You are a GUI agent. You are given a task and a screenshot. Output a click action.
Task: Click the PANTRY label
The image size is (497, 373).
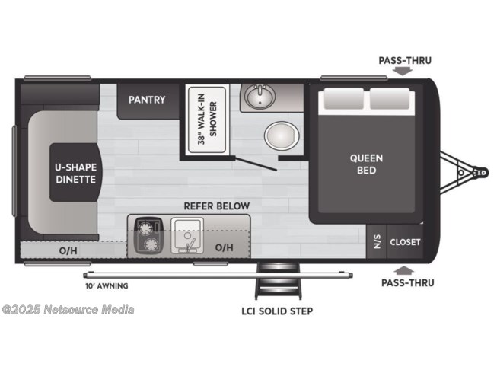pyautogui.click(x=147, y=100)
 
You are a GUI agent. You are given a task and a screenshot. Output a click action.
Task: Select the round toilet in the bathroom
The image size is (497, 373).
pyautogui.click(x=282, y=136)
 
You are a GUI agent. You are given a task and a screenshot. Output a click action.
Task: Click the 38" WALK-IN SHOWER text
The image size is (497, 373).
pyautogui.click(x=207, y=120)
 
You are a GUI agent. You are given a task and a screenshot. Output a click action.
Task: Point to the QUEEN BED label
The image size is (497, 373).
pyautogui.click(x=366, y=164)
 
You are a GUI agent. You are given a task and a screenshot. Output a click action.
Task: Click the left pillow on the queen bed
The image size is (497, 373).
pyautogui.click(x=343, y=98)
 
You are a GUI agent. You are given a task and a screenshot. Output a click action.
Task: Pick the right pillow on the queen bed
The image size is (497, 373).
pyautogui.click(x=390, y=98)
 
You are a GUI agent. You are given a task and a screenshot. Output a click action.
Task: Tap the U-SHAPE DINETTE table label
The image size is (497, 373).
pyautogui.click(x=76, y=173)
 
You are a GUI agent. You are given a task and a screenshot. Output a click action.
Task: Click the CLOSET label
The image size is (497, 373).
pyautogui.click(x=405, y=242)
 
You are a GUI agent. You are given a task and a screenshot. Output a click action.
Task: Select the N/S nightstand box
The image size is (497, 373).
pyautogui.click(x=377, y=242)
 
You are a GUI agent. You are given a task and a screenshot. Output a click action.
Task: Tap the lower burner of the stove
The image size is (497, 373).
pyautogui.click(x=151, y=244)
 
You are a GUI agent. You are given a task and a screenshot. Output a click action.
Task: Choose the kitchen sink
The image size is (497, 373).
pyautogui.click(x=187, y=235)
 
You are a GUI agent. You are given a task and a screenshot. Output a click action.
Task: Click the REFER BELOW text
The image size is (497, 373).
pyautogui.click(x=217, y=206)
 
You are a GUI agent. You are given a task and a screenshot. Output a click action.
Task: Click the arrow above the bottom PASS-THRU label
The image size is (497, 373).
pyautogui.click(x=404, y=270)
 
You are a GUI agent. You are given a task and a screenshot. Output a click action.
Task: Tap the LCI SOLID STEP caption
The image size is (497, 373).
pyautogui.click(x=277, y=311)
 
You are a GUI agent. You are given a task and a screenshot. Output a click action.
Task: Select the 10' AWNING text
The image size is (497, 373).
pyautogui.click(x=107, y=286)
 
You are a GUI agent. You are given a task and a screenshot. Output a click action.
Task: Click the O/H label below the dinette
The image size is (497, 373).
pyautogui.click(x=68, y=250)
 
